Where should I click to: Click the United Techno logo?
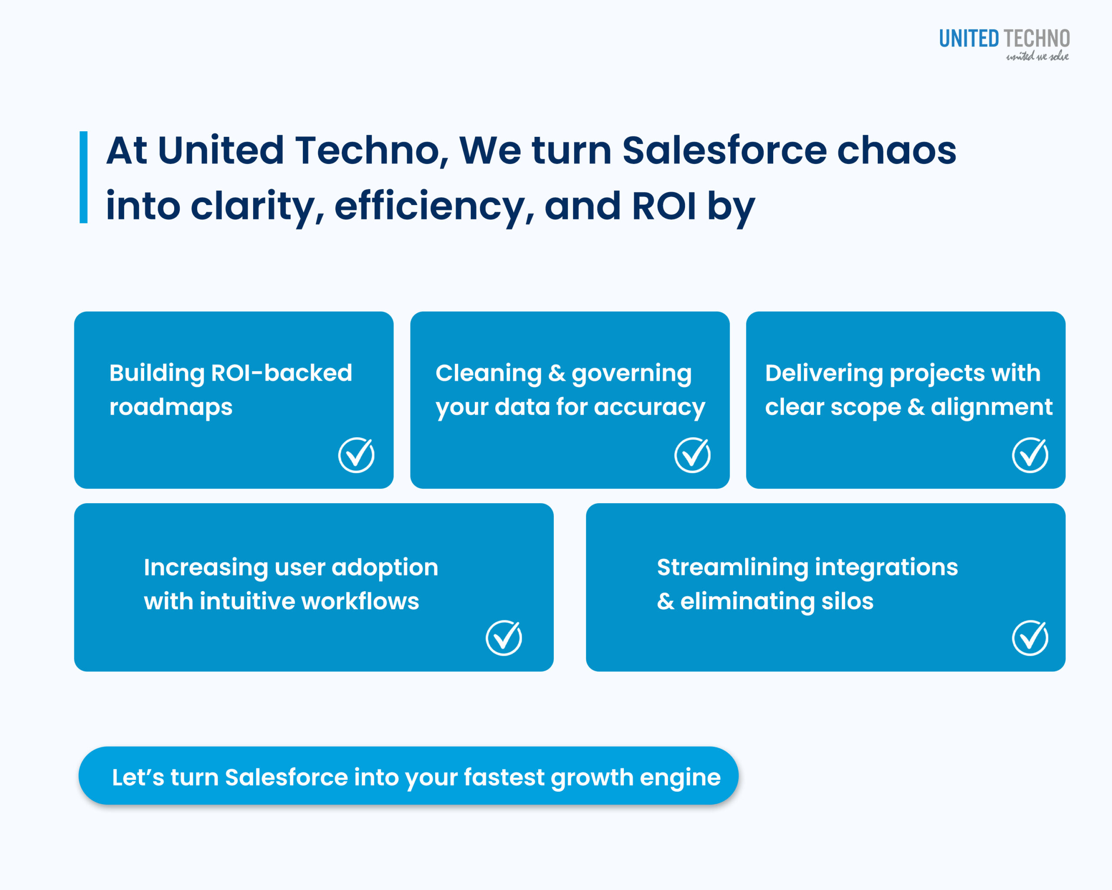(1004, 44)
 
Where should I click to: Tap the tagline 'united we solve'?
(1037, 56)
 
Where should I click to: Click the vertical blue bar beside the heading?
(83, 177)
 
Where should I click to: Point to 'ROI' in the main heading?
(664, 206)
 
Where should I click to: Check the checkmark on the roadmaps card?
(356, 455)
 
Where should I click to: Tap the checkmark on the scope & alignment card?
(1030, 455)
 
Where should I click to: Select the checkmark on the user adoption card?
(504, 638)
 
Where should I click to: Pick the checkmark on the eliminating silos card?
(1030, 638)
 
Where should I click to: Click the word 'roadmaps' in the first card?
(171, 408)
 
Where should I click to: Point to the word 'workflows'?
(360, 601)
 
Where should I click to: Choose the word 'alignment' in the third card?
(991, 408)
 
